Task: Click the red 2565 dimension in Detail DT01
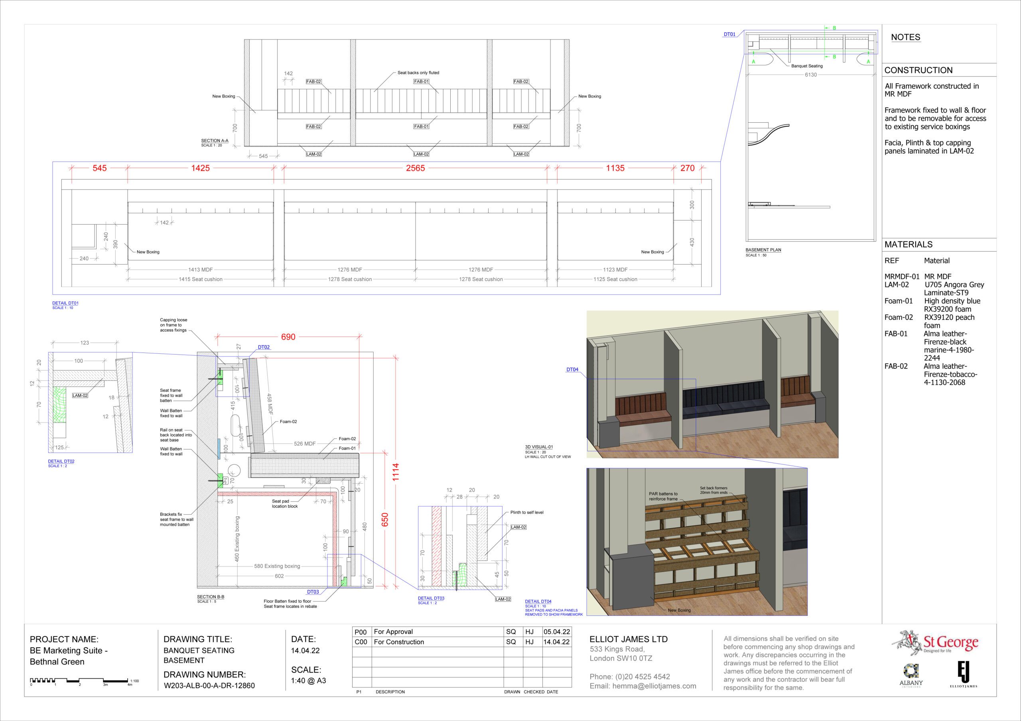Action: (x=415, y=168)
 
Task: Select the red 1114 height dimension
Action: (x=396, y=472)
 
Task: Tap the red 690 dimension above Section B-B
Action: (x=288, y=337)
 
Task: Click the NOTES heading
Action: (x=905, y=37)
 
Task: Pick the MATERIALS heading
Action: (x=908, y=244)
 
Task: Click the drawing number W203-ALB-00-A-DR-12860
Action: (x=209, y=686)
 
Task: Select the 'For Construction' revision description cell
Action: (x=399, y=642)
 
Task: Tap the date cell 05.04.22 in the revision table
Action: (x=556, y=632)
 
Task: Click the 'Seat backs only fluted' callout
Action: (x=418, y=72)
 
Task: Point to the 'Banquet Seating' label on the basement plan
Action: (x=807, y=66)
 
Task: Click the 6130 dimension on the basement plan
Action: (x=811, y=74)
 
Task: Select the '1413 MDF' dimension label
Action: (x=200, y=270)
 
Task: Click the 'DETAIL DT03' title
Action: (x=431, y=598)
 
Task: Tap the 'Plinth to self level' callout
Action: (x=526, y=512)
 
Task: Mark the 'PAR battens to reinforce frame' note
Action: (x=663, y=496)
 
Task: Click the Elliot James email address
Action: (x=643, y=686)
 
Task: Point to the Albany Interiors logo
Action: (x=911, y=675)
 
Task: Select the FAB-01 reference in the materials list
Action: (x=896, y=334)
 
